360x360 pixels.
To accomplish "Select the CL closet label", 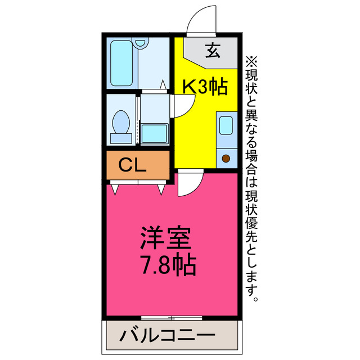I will pos(133,165).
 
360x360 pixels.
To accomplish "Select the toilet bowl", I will pos(121,121).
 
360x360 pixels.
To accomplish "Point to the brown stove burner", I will pos(226,159).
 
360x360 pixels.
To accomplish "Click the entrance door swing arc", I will pos(200,20).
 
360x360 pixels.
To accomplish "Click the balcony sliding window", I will pos(168,318).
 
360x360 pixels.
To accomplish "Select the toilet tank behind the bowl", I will pos(120,137).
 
